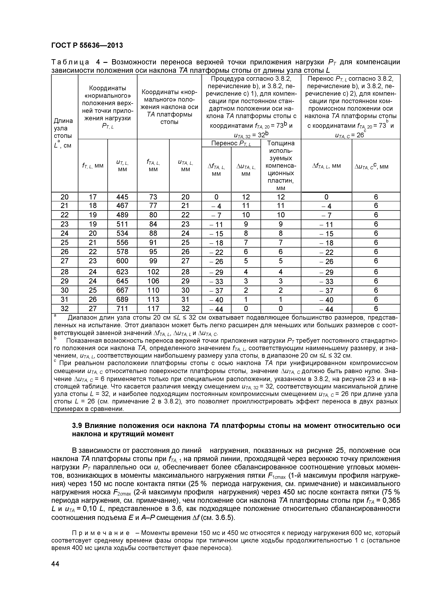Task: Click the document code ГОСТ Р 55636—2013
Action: (87, 45)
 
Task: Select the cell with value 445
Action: (122, 197)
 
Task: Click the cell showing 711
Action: (122, 308)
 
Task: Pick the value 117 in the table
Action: (153, 308)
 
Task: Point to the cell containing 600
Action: (122, 261)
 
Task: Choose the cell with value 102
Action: (153, 272)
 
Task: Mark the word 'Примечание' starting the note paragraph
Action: (101, 533)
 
